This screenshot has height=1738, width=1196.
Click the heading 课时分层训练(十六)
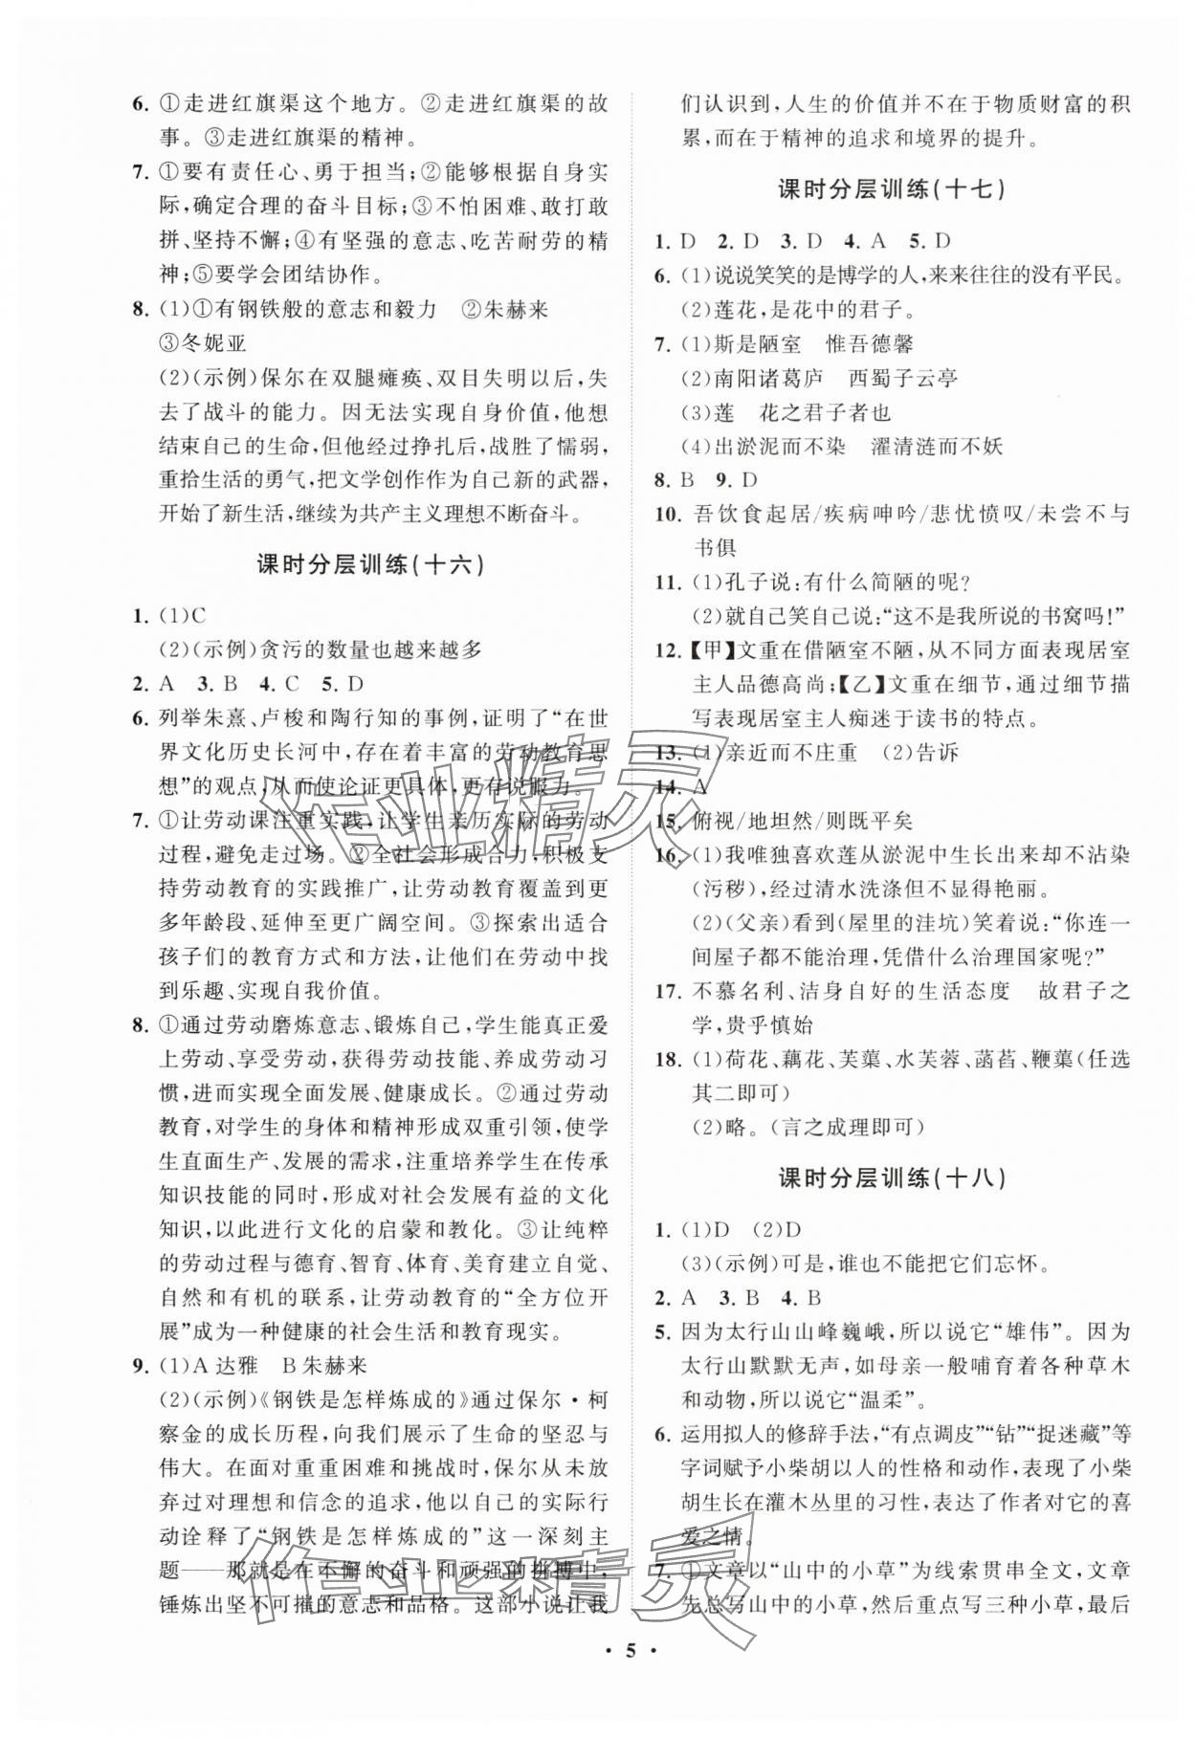(370, 564)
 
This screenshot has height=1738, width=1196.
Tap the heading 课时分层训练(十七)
(892, 189)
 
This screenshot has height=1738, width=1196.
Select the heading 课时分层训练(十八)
(892, 1178)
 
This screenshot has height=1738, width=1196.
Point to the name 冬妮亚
(207, 343)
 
